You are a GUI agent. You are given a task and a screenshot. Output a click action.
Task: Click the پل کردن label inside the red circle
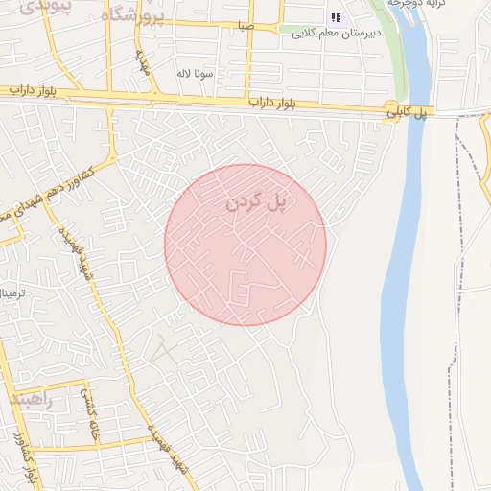pos(257,203)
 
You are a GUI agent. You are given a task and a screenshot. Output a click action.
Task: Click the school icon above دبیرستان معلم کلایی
pos(336,17)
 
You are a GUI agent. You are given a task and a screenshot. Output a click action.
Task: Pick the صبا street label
pos(246,26)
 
